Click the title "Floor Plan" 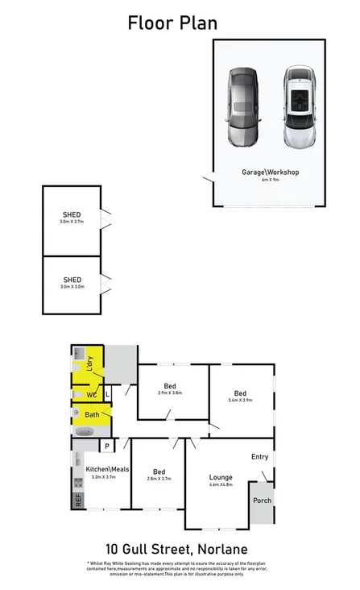click(x=172, y=23)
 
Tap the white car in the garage click(x=297, y=107)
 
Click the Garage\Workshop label click(x=270, y=172)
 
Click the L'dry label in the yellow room click(x=90, y=364)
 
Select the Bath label click(x=92, y=415)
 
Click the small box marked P click(x=106, y=446)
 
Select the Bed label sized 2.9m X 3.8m click(x=169, y=387)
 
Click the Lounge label click(x=220, y=477)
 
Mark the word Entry click(x=259, y=457)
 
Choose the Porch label click(x=262, y=501)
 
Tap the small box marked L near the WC click(x=106, y=395)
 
